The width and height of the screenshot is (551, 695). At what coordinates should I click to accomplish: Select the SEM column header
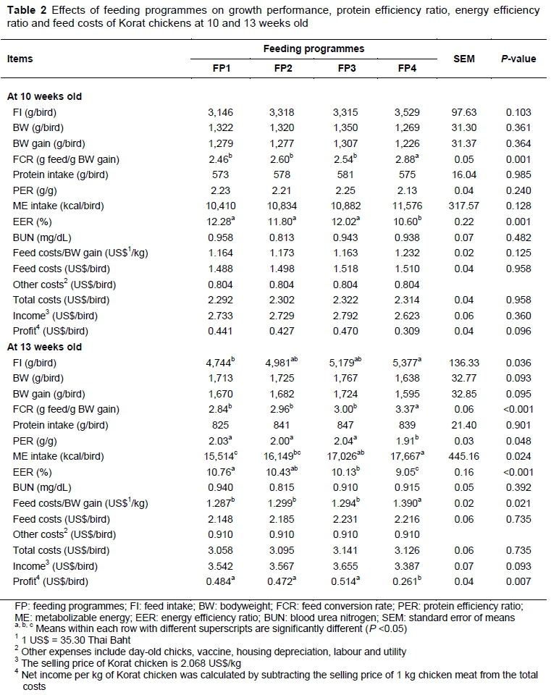coord(463,59)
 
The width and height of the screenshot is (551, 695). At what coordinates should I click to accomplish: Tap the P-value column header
coord(518,59)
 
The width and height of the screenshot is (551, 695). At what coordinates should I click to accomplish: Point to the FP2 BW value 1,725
coord(282,379)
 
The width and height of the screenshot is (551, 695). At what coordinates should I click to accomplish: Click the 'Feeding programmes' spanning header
coord(314,49)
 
